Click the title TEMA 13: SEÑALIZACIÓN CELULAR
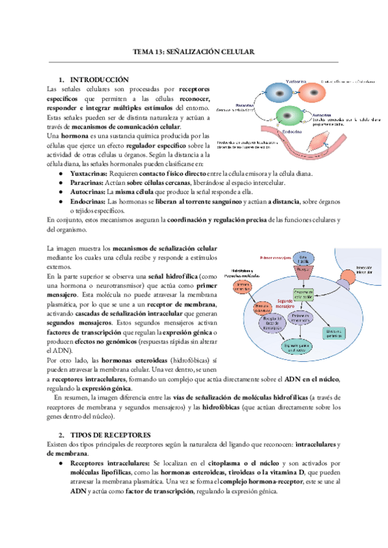[x=193, y=52]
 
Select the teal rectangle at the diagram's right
[x=334, y=331]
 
